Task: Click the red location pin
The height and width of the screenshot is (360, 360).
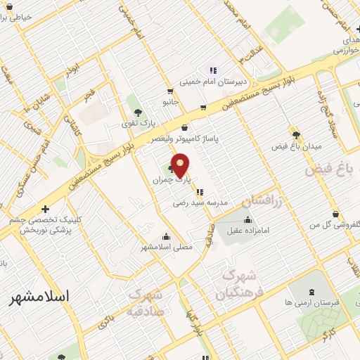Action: coord(181,164)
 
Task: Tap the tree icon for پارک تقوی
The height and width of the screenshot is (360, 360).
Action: coord(138,112)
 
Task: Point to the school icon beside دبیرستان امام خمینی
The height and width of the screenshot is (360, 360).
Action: coord(213,69)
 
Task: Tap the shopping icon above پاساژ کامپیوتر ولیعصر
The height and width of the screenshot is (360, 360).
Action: coord(184,128)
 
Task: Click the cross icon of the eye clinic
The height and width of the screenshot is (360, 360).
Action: coord(46,208)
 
